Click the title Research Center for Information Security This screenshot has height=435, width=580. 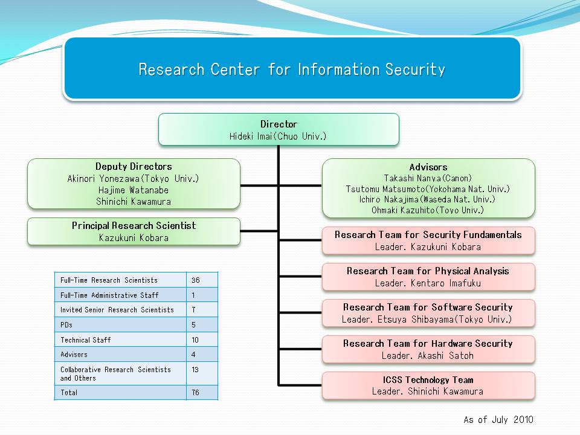pyautogui.click(x=292, y=69)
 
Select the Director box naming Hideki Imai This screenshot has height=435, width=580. pyautogui.click(x=279, y=130)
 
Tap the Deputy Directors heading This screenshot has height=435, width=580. pyautogui.click(x=134, y=167)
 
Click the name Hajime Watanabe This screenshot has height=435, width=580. pyautogui.click(x=134, y=190)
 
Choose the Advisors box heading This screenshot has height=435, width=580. pyautogui.click(x=428, y=167)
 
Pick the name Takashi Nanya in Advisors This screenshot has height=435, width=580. pyautogui.click(x=428, y=178)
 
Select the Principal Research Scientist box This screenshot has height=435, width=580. pyautogui.click(x=134, y=231)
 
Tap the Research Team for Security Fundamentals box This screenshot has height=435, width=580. pyautogui.click(x=428, y=240)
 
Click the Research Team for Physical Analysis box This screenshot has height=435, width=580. pyautogui.click(x=428, y=277)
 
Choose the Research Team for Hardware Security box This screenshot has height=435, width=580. pyautogui.click(x=428, y=349)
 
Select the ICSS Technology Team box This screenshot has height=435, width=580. pyautogui.click(x=428, y=385)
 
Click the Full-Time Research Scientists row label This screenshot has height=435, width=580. pyautogui.click(x=109, y=280)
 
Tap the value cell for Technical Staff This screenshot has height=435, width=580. pyautogui.click(x=201, y=340)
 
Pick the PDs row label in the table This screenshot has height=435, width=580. pyautogui.click(x=66, y=325)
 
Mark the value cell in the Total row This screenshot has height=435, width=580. pyautogui.click(x=201, y=393)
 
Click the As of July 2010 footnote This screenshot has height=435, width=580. pyautogui.click(x=498, y=420)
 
